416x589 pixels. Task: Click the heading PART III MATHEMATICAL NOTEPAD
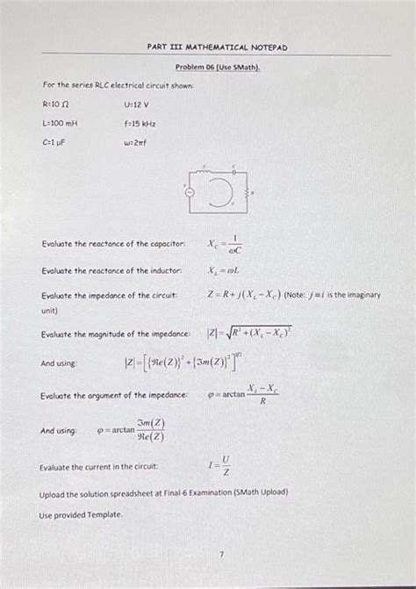[217, 47]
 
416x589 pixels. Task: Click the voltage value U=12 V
[137, 104]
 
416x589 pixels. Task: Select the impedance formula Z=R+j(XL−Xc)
[255, 296]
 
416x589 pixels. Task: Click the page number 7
[223, 553]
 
